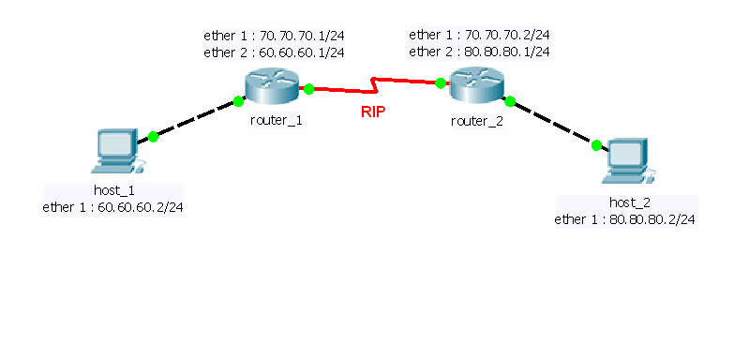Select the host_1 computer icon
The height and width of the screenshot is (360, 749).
(117, 152)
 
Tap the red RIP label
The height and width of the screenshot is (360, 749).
(374, 112)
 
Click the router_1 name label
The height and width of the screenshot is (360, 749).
(276, 120)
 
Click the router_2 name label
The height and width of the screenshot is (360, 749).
(477, 119)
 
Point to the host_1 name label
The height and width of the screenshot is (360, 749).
(112, 190)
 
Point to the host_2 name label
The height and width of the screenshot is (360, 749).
(625, 202)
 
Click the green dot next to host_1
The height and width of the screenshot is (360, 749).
(153, 137)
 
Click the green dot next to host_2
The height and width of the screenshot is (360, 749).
(595, 144)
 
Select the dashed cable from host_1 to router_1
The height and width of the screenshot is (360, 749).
(196, 119)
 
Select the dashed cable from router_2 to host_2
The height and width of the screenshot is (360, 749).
(553, 122)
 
